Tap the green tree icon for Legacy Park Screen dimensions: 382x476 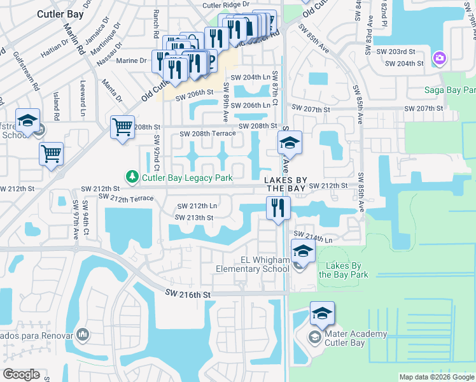132,176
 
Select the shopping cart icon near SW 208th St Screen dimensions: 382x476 123,126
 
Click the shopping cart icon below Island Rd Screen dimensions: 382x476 51,153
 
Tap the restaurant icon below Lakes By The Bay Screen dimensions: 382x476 278,208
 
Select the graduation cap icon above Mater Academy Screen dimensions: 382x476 322,313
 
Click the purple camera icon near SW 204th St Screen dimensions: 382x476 439,59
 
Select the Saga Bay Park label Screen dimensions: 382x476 450,90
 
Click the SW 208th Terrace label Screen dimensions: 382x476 207,134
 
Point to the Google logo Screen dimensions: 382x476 21,374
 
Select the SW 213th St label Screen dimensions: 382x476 195,218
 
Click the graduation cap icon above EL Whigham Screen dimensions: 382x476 303,250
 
